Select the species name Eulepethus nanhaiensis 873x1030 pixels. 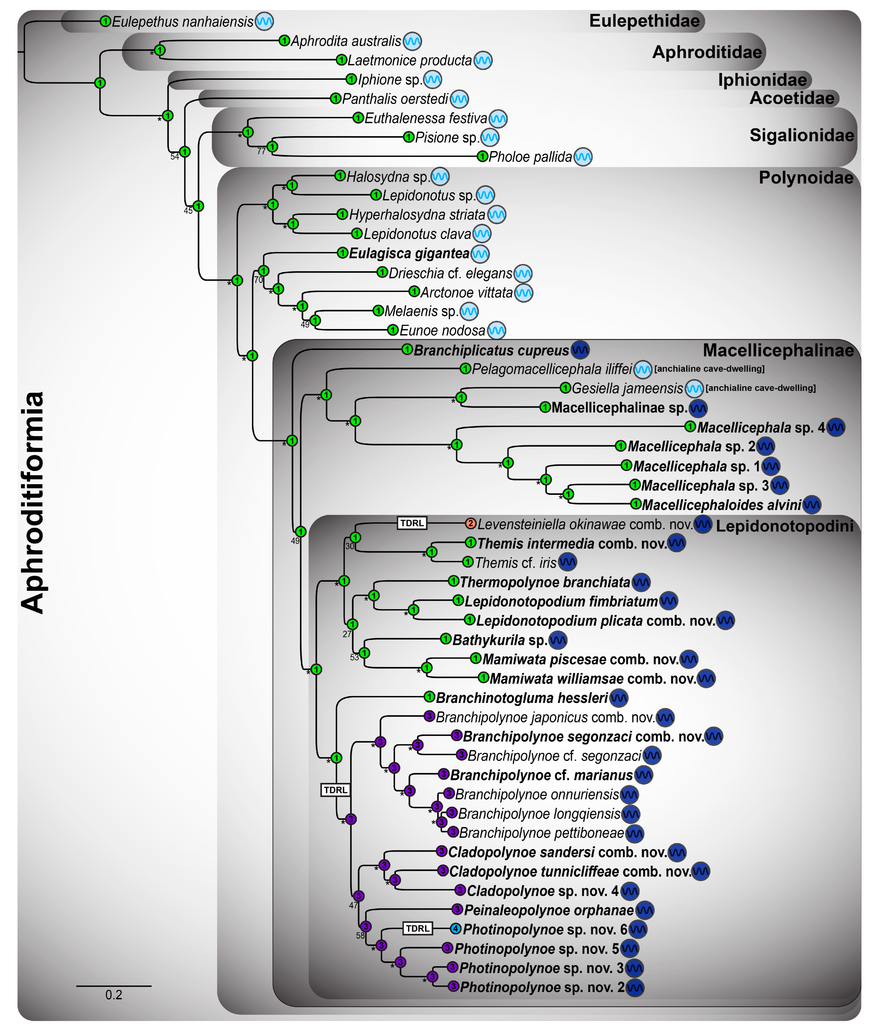click(182, 22)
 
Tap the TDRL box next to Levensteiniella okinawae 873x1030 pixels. click(412, 523)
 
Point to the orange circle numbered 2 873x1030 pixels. click(471, 523)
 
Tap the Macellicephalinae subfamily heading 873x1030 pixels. click(778, 350)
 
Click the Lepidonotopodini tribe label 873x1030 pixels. click(785, 526)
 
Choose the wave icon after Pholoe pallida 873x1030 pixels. click(583, 157)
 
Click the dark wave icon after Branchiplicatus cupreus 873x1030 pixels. click(580, 350)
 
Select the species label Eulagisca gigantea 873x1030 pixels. click(409, 253)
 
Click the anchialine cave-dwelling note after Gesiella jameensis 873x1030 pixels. click(760, 388)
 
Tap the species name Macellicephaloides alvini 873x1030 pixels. click(721, 505)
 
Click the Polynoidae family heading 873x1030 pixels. click(806, 178)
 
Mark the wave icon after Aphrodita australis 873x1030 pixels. click(412, 41)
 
